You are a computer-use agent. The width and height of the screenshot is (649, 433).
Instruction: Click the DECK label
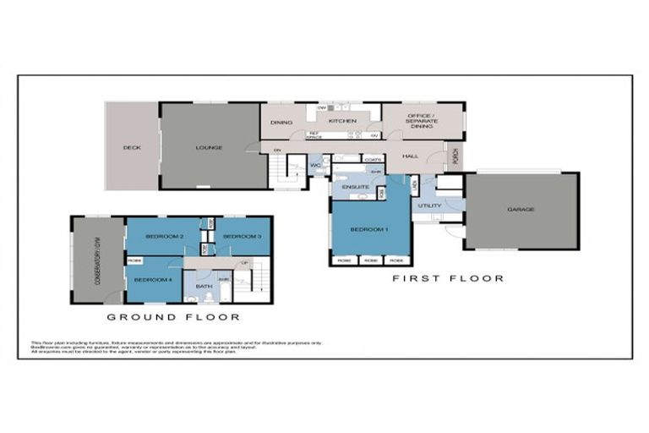(131, 148)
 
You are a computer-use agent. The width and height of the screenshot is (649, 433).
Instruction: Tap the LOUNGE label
(209, 148)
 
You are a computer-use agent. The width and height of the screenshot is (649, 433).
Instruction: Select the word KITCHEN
(342, 122)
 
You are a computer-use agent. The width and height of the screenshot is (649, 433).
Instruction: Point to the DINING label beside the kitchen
(281, 123)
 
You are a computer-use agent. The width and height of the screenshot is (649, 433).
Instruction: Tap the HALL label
(411, 156)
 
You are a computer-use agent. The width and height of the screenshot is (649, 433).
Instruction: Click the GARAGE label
(521, 210)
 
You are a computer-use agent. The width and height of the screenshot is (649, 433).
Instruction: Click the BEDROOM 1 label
(369, 230)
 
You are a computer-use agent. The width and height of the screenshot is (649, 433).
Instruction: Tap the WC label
(314, 165)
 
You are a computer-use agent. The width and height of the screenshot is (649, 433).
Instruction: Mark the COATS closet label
(372, 158)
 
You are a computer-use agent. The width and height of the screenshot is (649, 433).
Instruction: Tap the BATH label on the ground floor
(203, 288)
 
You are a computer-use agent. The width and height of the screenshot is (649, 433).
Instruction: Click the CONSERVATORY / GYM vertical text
(98, 260)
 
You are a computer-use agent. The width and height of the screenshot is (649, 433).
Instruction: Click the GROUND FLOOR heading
(172, 318)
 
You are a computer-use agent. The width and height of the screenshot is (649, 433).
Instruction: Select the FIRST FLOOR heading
(448, 278)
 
